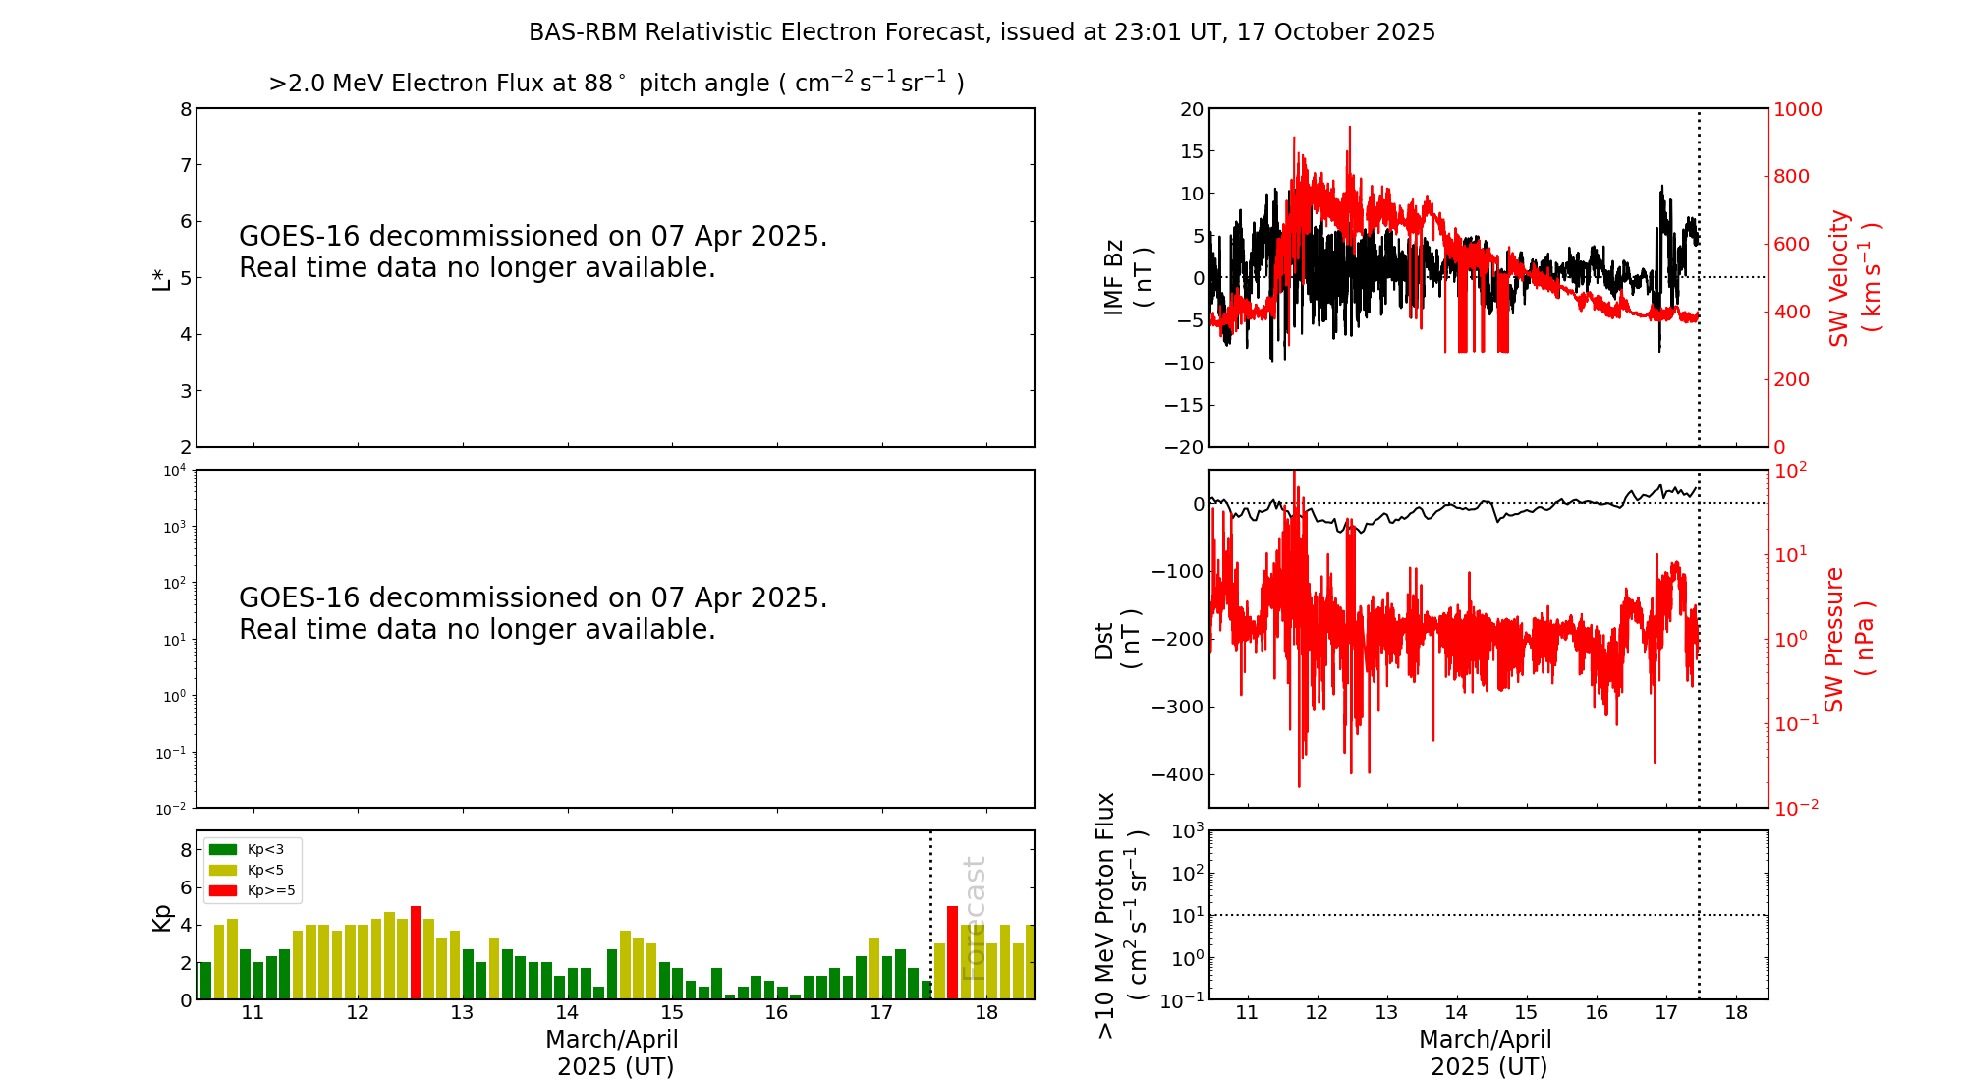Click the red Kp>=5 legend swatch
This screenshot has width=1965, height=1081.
tap(223, 891)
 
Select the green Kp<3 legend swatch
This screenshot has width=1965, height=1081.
tap(223, 849)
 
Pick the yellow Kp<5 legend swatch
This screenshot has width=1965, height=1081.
tap(223, 870)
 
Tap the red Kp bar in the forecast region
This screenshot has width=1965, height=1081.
tap(952, 951)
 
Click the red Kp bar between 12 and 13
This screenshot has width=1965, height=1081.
tap(416, 951)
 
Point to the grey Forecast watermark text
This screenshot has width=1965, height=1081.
tap(973, 918)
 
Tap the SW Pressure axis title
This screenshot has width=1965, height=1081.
tap(1848, 639)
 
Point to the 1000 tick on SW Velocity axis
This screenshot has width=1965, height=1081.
tap(1797, 109)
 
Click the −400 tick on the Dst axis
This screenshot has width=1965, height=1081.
tap(1177, 774)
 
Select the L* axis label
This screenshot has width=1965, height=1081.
tap(161, 277)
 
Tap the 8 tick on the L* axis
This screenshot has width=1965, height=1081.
tap(185, 109)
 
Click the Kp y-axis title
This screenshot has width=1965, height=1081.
tap(161, 917)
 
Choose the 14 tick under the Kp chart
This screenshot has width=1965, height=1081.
tap(567, 1013)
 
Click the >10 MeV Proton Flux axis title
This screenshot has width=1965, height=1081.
tap(1121, 915)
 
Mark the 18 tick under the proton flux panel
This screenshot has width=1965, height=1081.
tap(1736, 1013)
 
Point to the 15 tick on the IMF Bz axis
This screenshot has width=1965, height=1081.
tap(1191, 151)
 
